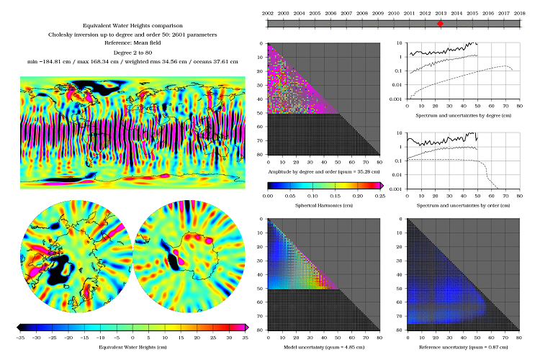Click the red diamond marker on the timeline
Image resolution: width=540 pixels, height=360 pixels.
pos(440,24)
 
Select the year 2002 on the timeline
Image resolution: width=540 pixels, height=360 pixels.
pos(268,13)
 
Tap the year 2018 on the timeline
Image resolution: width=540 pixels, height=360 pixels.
pos(520,13)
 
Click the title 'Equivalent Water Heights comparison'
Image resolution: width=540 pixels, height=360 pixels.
pos(135,25)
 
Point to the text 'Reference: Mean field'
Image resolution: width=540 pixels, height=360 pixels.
pos(135,44)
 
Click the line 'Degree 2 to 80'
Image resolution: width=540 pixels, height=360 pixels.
pos(135,53)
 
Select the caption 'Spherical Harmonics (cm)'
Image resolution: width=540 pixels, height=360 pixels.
pos(323,205)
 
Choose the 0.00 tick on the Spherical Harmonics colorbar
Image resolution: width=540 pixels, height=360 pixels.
pos(268,195)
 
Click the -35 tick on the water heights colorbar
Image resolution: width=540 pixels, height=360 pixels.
pos(21,336)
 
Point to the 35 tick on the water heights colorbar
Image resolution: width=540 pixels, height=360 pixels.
pos(245,336)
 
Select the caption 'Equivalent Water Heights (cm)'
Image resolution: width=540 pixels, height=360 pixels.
pos(134,346)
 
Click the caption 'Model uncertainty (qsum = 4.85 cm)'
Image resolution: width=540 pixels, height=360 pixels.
pos(323,346)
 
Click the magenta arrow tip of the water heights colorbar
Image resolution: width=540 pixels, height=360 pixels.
pos(248,328)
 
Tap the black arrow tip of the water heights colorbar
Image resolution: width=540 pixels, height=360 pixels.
pos(19,328)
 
